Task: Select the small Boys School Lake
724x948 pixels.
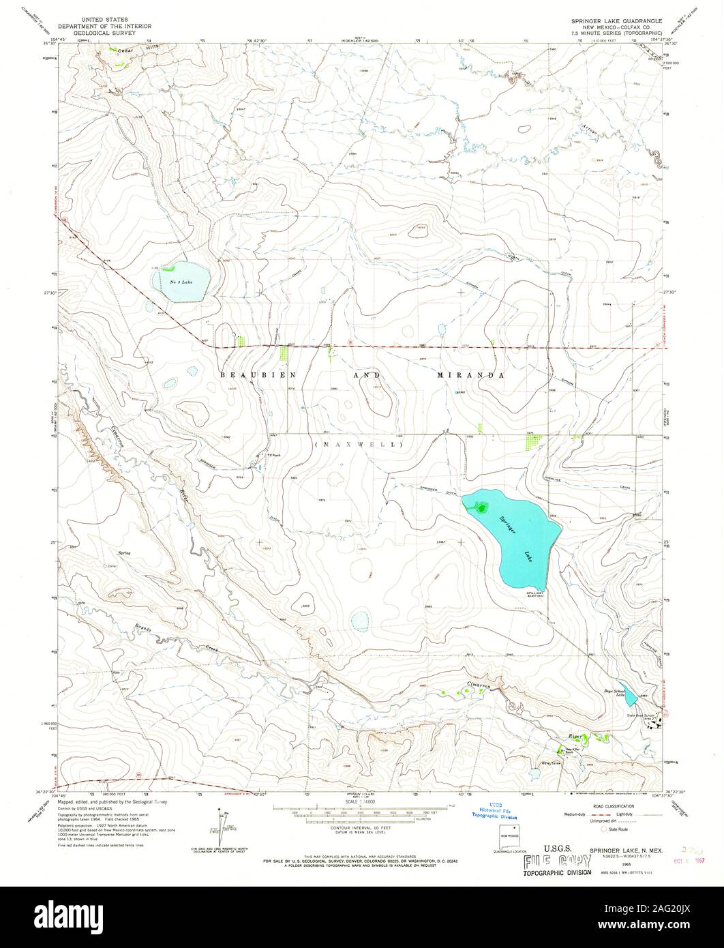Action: (631, 696)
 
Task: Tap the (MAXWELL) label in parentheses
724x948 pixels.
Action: (359, 445)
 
